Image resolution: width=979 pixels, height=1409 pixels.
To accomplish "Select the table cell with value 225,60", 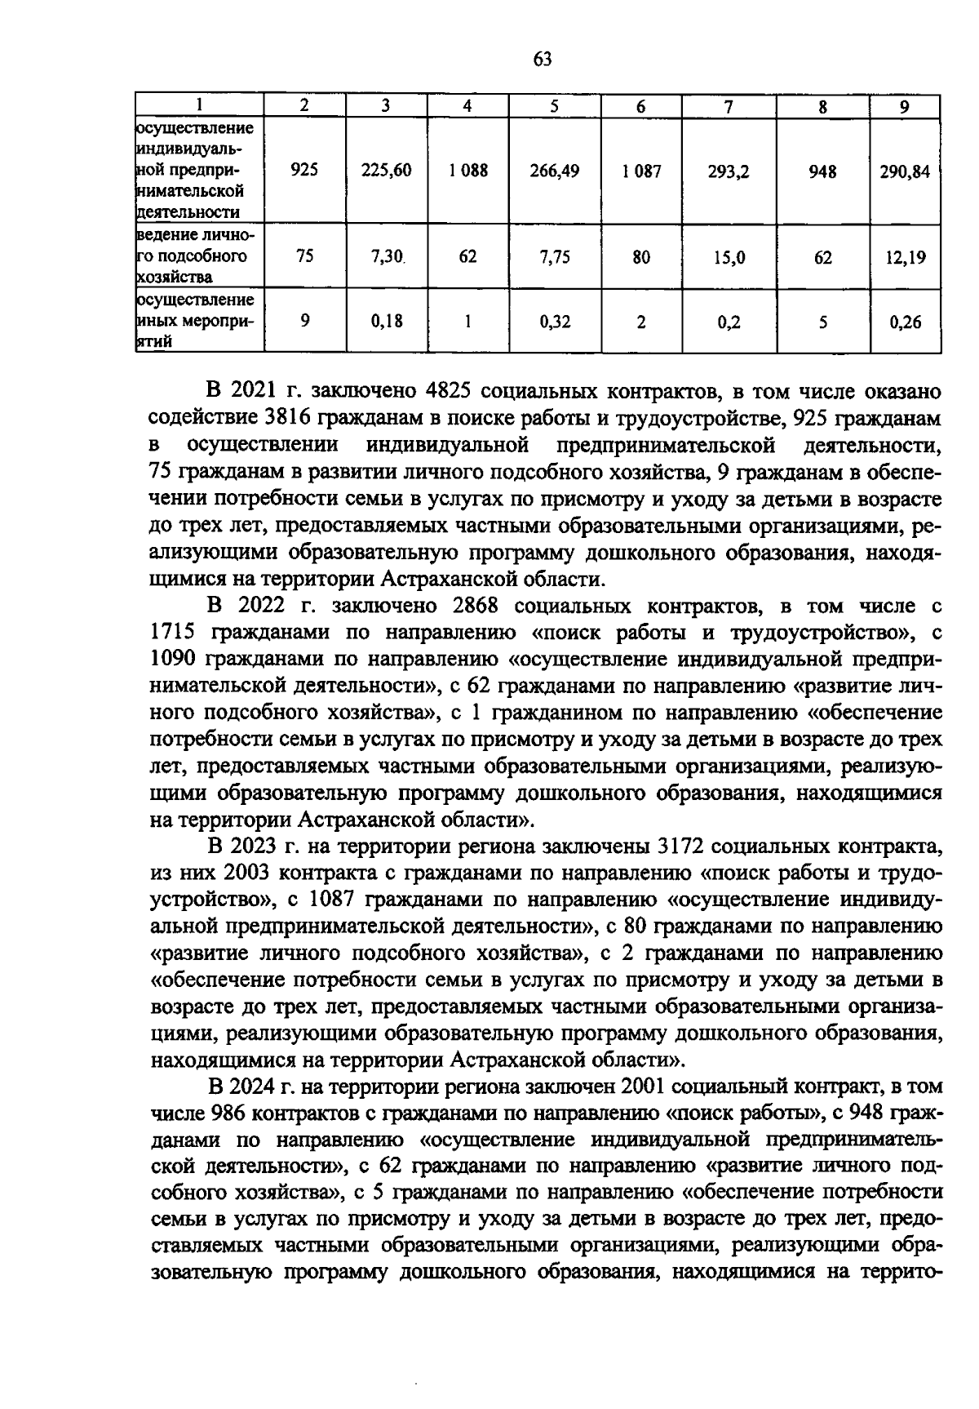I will [387, 171].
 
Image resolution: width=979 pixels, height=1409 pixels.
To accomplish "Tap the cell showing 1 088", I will [468, 171].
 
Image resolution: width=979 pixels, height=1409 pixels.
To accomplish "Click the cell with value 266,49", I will [554, 171].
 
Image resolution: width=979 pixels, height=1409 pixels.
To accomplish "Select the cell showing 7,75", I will [554, 257].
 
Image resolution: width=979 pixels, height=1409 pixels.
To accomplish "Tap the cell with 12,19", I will [906, 258].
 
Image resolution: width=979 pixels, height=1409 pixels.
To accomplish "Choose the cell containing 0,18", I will [387, 321].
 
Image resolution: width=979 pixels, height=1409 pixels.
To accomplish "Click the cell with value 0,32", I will [555, 322].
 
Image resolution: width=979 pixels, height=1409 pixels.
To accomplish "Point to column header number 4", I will [467, 105].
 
